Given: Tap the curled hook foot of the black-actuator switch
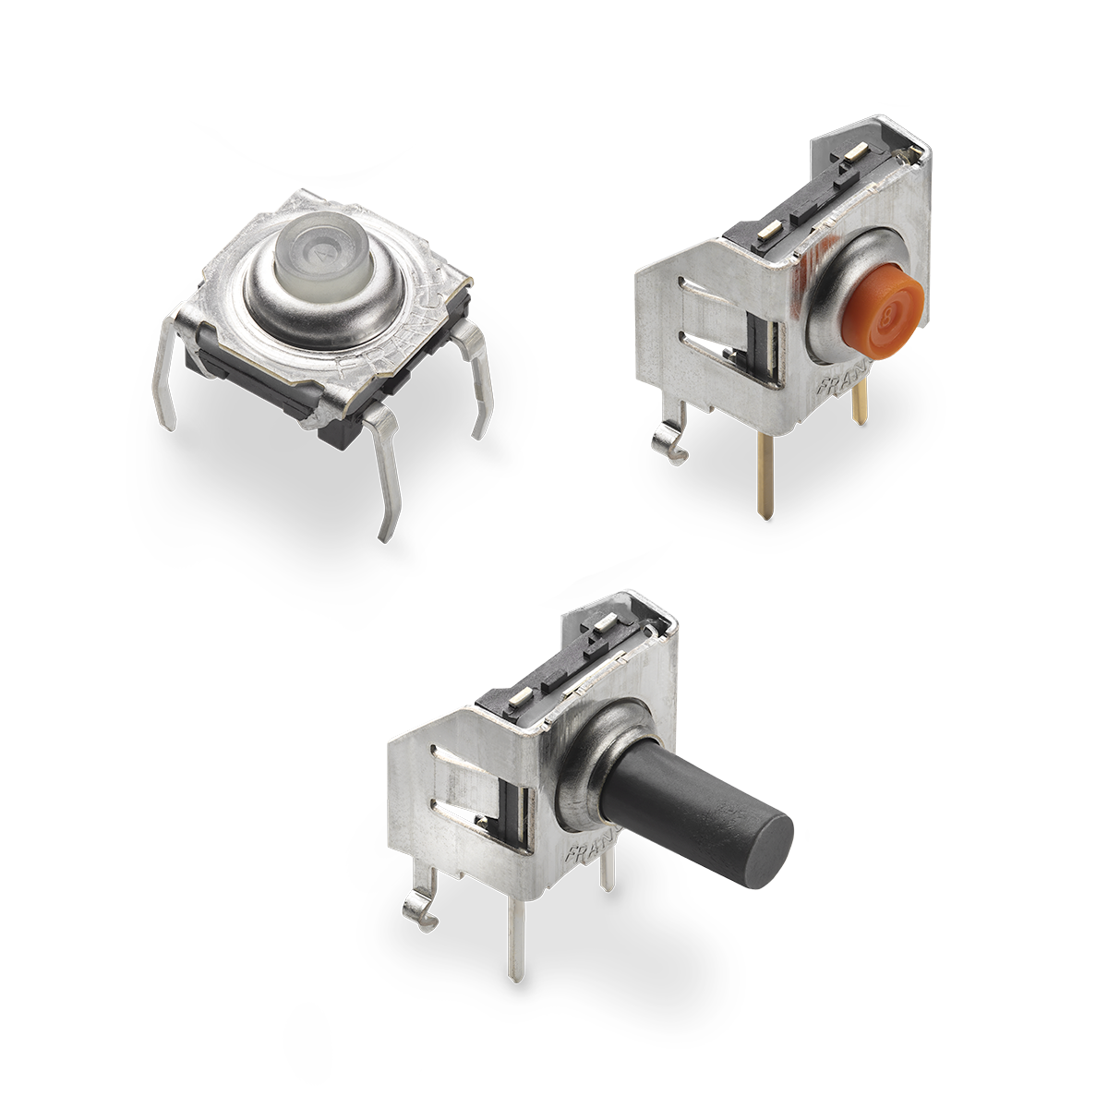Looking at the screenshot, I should pyautogui.click(x=420, y=909).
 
